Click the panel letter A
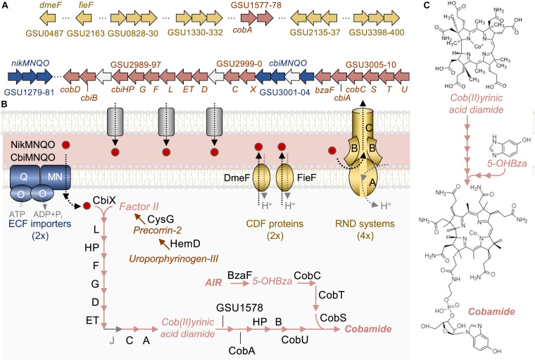(x=5, y=6)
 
